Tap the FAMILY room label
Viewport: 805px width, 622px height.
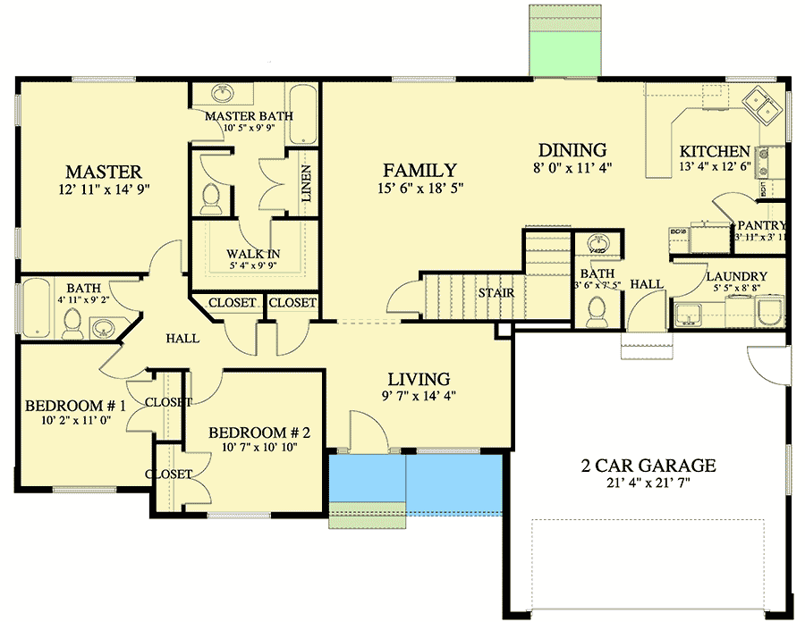(419, 170)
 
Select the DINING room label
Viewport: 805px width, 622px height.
(572, 150)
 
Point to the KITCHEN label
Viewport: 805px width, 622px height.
(714, 151)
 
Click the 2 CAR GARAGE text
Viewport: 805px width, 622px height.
(648, 465)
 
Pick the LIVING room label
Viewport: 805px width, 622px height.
(419, 379)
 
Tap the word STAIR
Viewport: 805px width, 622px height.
(495, 292)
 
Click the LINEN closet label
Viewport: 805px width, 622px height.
(306, 183)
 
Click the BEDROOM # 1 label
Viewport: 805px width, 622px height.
(75, 405)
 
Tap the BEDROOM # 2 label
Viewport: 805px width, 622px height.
(259, 433)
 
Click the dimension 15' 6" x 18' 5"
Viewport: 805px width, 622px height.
(419, 189)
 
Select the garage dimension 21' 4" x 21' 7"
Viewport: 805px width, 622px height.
(648, 483)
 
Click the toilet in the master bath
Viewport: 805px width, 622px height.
(210, 198)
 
